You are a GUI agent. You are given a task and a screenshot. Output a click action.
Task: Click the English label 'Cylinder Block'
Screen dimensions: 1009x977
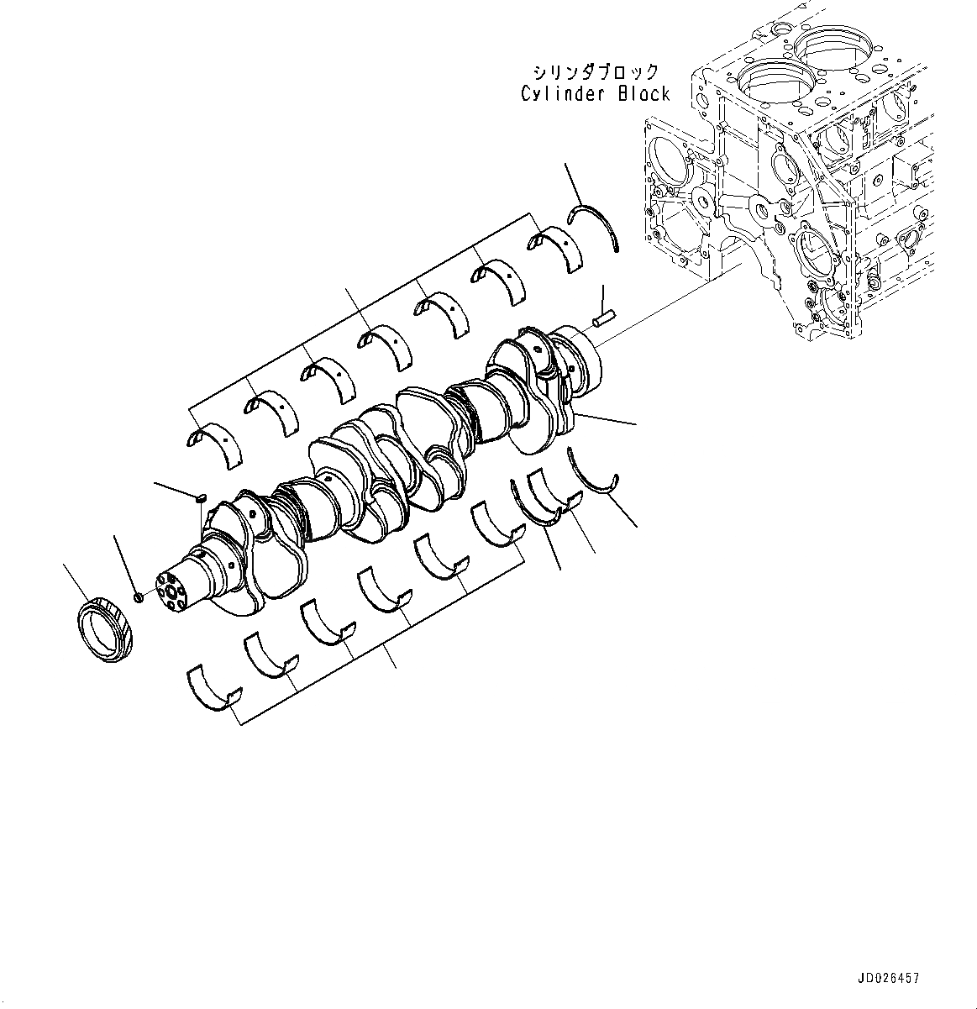click(x=595, y=94)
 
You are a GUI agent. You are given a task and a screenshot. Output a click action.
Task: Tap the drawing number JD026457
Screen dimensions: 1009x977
click(x=888, y=979)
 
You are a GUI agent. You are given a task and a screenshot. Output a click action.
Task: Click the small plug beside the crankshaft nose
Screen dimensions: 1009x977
click(x=139, y=596)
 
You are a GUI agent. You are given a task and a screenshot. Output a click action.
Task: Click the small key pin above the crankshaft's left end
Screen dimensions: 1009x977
click(x=200, y=499)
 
